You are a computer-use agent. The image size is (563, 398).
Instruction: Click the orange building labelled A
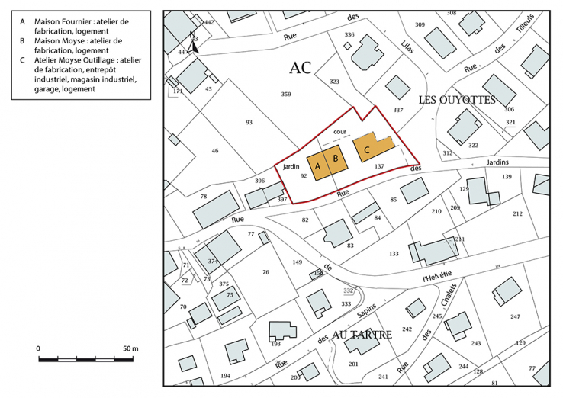tap(317, 166)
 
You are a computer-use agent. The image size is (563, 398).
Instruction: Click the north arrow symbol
tap(193, 43)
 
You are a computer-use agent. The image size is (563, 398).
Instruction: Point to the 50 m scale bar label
tap(130, 348)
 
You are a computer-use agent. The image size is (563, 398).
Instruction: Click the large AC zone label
tap(301, 68)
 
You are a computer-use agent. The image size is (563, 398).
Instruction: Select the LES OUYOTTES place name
tap(457, 101)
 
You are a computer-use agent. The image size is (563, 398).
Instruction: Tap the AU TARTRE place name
tap(362, 334)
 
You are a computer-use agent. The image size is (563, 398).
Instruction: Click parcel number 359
tap(286, 94)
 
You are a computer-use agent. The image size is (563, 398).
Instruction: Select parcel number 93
tap(249, 122)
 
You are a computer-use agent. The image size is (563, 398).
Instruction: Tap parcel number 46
tap(215, 151)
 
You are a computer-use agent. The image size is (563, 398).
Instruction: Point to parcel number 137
tap(380, 165)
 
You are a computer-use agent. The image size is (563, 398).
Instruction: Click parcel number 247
tap(515, 316)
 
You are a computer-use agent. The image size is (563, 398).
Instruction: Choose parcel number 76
tap(265, 272)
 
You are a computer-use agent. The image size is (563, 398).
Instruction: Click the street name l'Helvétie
tap(437, 275)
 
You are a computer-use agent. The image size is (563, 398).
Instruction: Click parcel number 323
tap(334, 82)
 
